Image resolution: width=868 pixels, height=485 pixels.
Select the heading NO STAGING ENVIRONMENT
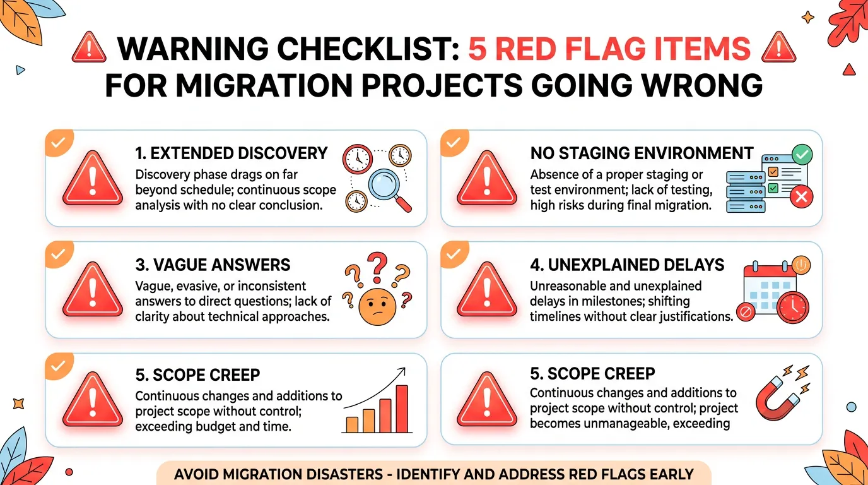642,153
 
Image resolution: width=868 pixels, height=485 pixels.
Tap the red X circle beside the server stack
801,198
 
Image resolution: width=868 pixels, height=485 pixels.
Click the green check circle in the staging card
802,154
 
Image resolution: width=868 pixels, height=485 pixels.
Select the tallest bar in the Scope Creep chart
401,409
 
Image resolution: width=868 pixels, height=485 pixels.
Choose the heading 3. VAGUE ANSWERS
213,265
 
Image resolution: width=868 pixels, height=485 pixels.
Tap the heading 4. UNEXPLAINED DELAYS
627,265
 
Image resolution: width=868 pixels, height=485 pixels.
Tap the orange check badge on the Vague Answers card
58,254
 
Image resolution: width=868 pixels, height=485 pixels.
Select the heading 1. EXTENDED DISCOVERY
231,153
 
